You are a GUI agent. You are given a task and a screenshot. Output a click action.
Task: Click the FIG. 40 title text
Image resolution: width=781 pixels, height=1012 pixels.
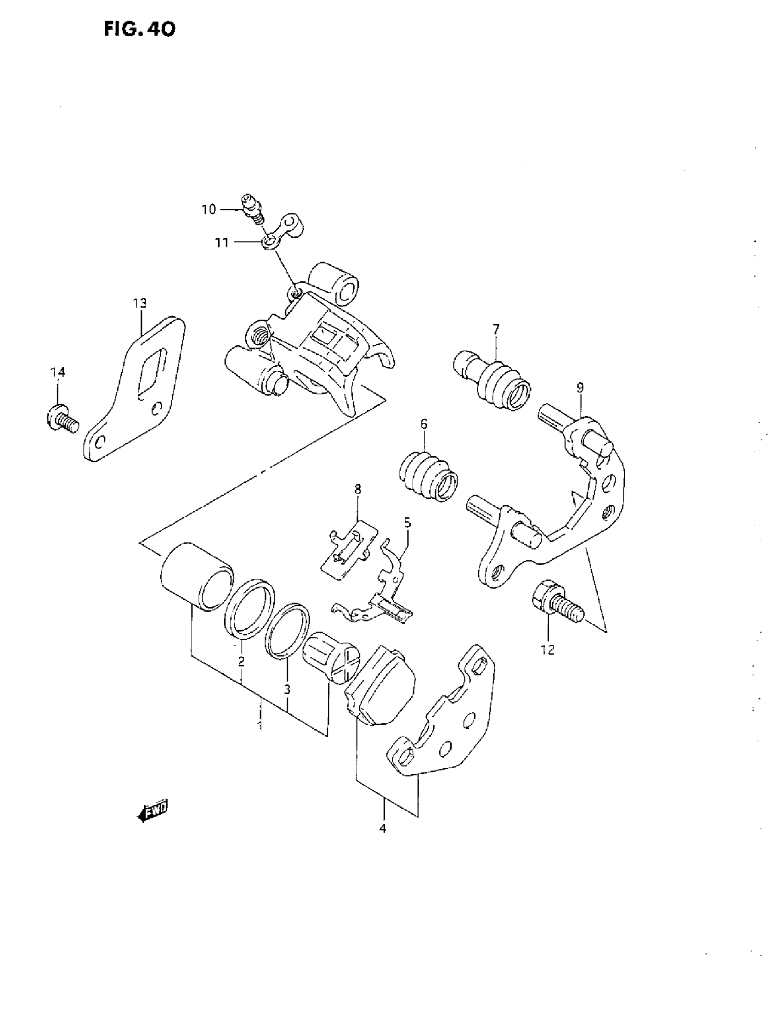tap(140, 30)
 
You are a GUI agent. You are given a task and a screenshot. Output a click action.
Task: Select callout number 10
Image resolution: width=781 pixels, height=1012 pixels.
tap(209, 209)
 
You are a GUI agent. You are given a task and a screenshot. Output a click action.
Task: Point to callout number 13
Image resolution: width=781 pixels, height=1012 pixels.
tap(140, 303)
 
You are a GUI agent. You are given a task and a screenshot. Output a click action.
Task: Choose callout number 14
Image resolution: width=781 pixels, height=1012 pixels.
tap(58, 372)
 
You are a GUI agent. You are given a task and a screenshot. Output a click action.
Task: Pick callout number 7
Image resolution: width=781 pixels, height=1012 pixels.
tap(496, 330)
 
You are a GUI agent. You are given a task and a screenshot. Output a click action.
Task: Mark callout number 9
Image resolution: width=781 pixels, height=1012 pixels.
tap(580, 387)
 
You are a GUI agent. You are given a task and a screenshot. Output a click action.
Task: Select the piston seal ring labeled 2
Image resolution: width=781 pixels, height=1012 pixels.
tap(249, 609)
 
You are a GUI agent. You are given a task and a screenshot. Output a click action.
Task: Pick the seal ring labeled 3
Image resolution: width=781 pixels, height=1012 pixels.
tap(287, 631)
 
